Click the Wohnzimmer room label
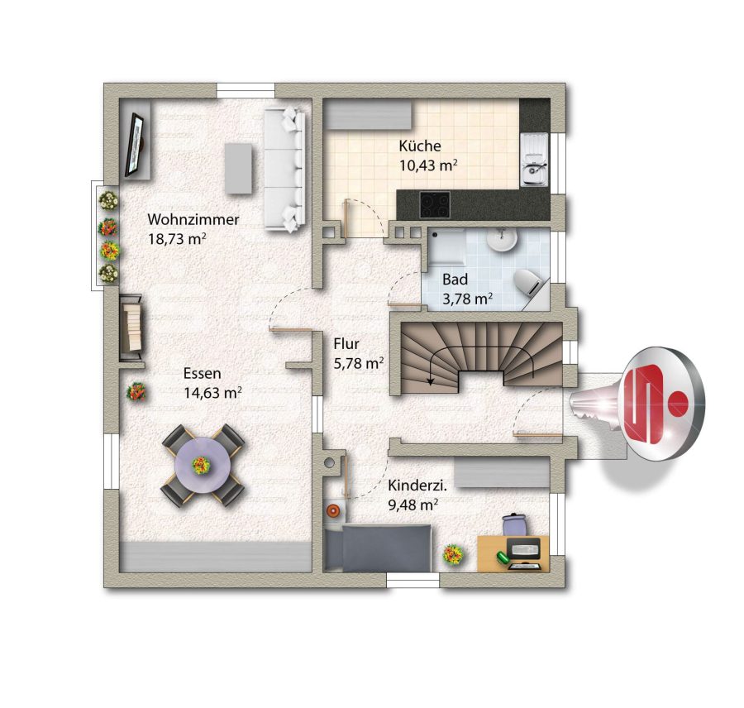coord(193,220)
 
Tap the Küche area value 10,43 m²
coord(428,165)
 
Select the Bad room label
coord(455,280)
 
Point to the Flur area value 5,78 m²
coord(359,364)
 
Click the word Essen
coord(203,373)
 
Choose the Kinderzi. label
coord(418,486)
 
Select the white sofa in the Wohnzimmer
coord(284,170)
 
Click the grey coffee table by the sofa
coord(239,169)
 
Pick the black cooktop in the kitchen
coord(435,204)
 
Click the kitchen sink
coord(535,160)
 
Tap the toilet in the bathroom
coord(528,284)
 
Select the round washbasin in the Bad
coord(503,240)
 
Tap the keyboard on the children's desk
coord(524,549)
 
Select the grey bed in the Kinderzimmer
coord(378,548)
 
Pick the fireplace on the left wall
coord(131,328)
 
